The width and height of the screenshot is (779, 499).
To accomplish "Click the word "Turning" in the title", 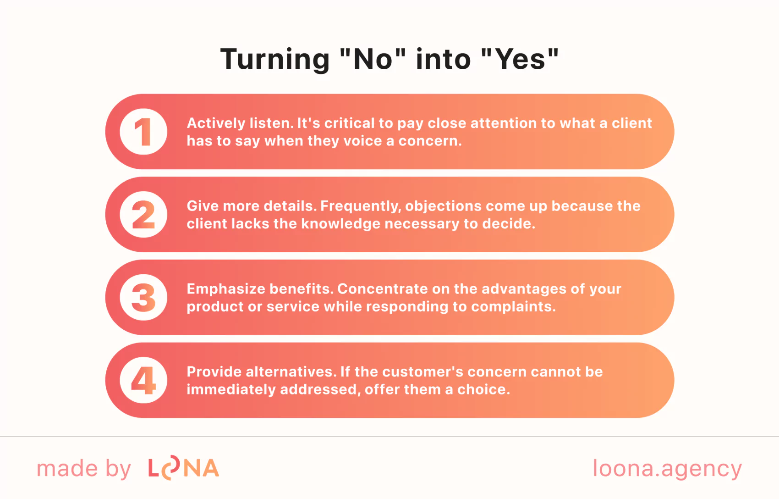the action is [275, 60].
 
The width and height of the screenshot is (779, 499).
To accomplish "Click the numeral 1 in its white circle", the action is [143, 132].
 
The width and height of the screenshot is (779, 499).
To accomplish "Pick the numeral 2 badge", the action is [143, 214].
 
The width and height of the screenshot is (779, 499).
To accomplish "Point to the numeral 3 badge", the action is [143, 297].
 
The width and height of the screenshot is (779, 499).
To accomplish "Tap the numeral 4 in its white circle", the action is [143, 380].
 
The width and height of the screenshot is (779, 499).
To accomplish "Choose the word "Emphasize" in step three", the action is [226, 289].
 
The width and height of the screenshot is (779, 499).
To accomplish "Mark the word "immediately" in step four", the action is [231, 390].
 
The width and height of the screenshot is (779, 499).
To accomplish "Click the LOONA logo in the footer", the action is [184, 468].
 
